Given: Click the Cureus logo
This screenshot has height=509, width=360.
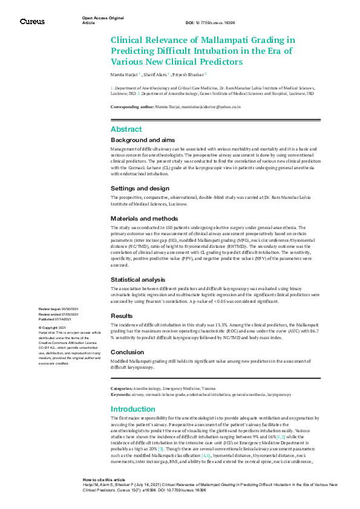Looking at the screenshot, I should tap(32, 21).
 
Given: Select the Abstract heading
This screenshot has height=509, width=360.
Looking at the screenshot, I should tap(126, 129).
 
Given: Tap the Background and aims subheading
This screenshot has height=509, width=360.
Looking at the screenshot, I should tap(143, 140).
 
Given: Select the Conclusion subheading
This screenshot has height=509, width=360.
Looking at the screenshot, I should tap(127, 352).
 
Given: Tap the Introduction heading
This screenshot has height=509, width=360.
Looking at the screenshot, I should tap(133, 409).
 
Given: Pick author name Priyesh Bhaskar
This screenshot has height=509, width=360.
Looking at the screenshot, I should tap(188, 75).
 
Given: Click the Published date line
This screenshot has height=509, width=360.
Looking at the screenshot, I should tap(59, 317).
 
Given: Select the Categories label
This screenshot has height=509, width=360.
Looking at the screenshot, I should tap(121, 387).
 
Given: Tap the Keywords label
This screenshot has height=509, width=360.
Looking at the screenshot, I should tap(120, 394).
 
